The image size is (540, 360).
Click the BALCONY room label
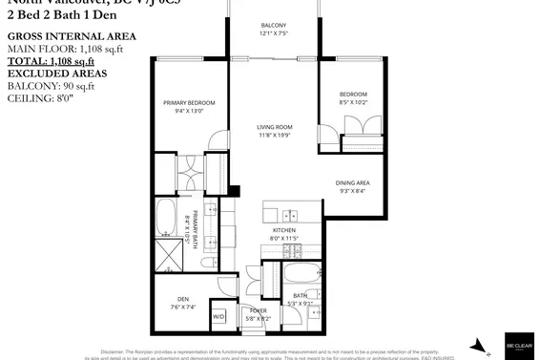(x=273, y=26)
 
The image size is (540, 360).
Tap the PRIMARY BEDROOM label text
(x=189, y=102)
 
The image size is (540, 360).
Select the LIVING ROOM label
(x=274, y=127)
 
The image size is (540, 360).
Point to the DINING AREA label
(x=352, y=182)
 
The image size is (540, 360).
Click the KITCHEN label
(x=284, y=230)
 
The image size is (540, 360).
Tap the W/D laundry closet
(x=218, y=316)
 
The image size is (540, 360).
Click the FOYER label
(x=259, y=311)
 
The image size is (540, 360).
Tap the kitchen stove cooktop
(x=292, y=251)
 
